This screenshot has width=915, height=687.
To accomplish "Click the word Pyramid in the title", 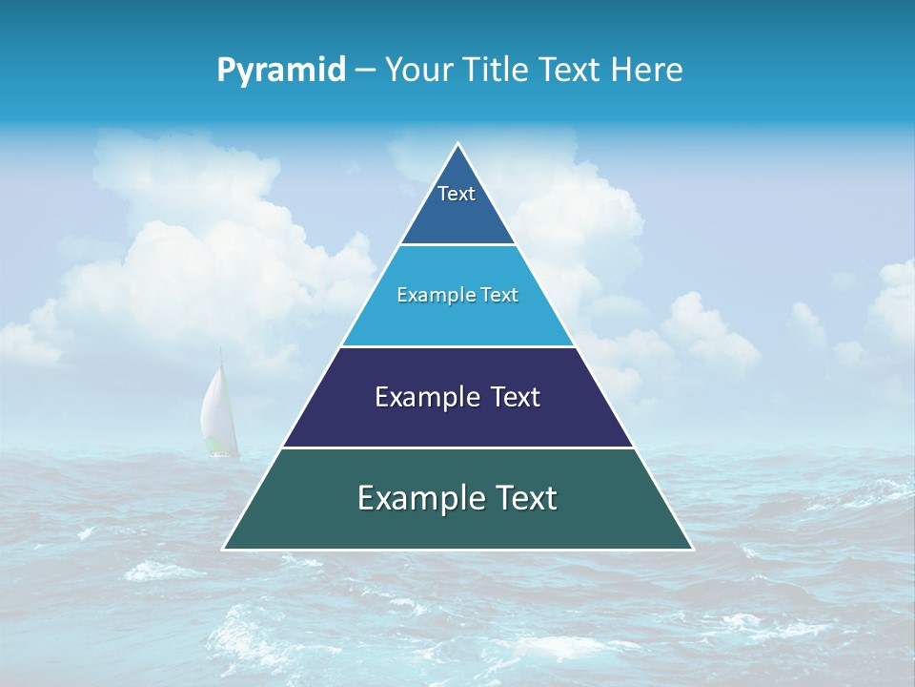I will click(x=281, y=71).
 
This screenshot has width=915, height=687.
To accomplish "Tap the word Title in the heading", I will click(x=495, y=70).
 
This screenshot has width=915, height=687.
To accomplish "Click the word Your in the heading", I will click(x=417, y=70).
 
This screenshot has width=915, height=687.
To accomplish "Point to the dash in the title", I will click(x=364, y=71).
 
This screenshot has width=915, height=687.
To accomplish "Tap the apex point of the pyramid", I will click(x=457, y=144).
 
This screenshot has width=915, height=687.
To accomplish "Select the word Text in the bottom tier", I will click(x=523, y=498).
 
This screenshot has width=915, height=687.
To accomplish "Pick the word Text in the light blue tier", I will click(x=499, y=295).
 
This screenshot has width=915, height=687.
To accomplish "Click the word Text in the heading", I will click(x=572, y=70).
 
